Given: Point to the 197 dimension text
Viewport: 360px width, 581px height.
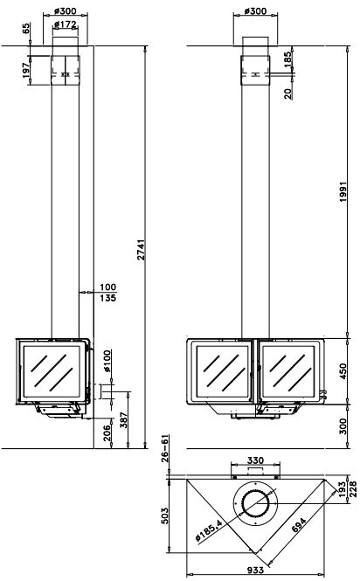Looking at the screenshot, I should [25, 71].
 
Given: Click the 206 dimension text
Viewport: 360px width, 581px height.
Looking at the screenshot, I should [107, 432].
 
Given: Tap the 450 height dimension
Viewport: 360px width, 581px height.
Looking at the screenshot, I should [343, 370].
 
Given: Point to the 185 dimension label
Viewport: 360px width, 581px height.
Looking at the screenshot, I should [287, 59].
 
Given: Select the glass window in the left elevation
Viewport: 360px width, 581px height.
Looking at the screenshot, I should [52, 372].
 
